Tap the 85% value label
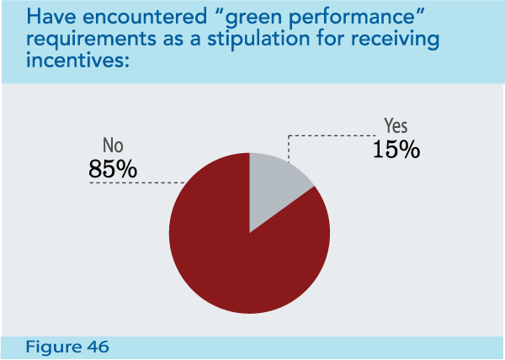112,168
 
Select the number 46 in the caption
97,346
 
